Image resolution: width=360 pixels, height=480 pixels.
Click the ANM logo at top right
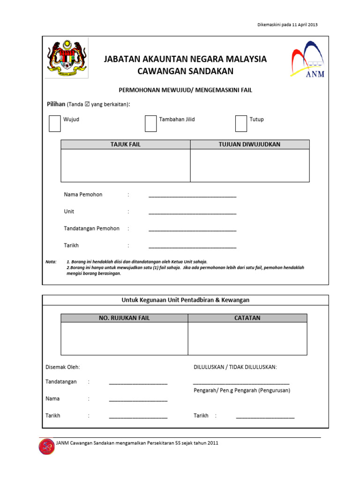(x=307, y=60)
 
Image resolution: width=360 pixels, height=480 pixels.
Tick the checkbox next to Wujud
(x=54, y=123)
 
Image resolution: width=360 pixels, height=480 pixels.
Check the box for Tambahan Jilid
(x=150, y=123)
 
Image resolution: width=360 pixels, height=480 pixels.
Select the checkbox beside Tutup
(x=240, y=123)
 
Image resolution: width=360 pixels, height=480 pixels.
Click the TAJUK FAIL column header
(x=125, y=144)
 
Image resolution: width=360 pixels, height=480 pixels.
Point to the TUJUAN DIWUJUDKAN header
(x=249, y=144)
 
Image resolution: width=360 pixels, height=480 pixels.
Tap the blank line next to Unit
(x=192, y=213)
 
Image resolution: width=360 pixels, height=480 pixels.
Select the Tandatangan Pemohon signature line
(x=192, y=230)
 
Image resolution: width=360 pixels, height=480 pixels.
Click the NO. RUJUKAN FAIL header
(x=124, y=318)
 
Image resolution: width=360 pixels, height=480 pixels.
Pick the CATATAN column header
(x=247, y=318)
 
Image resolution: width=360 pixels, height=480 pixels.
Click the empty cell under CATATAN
(x=247, y=338)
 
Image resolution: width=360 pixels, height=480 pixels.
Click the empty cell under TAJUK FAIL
(x=125, y=165)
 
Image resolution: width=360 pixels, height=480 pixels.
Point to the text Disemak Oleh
(x=62, y=367)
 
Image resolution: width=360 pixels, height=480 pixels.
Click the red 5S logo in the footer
(x=46, y=446)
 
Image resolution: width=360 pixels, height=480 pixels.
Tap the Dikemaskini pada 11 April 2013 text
(x=288, y=25)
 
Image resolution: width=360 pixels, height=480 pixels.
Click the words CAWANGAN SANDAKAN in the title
(x=185, y=71)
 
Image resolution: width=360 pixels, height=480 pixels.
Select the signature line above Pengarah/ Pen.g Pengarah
(x=241, y=383)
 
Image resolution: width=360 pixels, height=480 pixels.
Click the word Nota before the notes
(x=51, y=262)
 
